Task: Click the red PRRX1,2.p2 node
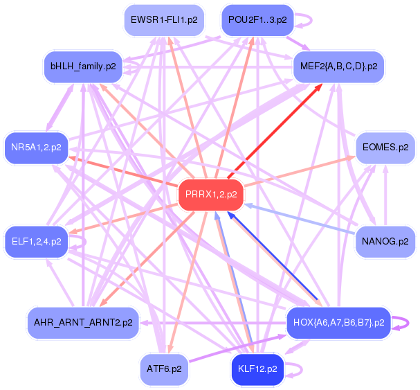pyautogui.click(x=211, y=195)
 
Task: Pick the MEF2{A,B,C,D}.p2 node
pyautogui.click(x=338, y=67)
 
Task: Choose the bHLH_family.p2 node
pyautogui.click(x=83, y=67)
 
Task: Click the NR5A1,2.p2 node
pyautogui.click(x=37, y=148)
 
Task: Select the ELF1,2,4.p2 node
pyautogui.click(x=37, y=242)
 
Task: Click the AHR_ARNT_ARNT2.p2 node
pyautogui.click(x=83, y=323)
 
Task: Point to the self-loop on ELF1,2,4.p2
pyautogui.click(x=84, y=242)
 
